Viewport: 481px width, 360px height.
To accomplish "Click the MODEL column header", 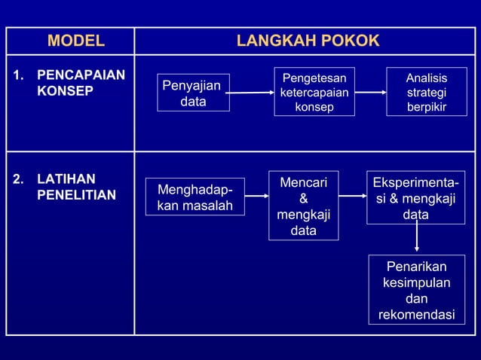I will pyautogui.click(x=76, y=41).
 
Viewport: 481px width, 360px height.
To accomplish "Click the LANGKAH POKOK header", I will pyautogui.click(x=308, y=41).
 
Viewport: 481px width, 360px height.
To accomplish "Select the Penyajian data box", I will pyautogui.click(x=193, y=93).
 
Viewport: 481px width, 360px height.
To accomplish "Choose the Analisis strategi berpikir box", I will pyautogui.click(x=426, y=93).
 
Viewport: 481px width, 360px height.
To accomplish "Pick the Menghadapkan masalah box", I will pyautogui.click(x=195, y=197).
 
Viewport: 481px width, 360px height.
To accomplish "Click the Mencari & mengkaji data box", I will pyautogui.click(x=303, y=206).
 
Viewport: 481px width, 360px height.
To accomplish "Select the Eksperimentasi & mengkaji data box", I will pyautogui.click(x=415, y=199).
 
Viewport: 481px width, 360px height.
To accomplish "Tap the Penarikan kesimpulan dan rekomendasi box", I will pyautogui.click(x=416, y=290).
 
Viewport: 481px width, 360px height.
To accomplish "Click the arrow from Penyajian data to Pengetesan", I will pyautogui.click(x=251, y=93).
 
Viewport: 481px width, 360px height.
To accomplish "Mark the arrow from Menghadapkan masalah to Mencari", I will pyautogui.click(x=257, y=196).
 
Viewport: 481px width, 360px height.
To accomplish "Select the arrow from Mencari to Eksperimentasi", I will pyautogui.click(x=352, y=196).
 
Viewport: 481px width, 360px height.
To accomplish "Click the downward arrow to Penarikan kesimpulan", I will pyautogui.click(x=416, y=239).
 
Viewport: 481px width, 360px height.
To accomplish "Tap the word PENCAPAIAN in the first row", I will pyautogui.click(x=81, y=76).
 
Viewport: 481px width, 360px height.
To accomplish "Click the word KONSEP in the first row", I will pyautogui.click(x=66, y=91).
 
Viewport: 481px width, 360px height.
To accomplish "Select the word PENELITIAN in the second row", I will pyautogui.click(x=76, y=195).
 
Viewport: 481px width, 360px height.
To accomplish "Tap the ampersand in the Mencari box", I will pyautogui.click(x=303, y=199).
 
